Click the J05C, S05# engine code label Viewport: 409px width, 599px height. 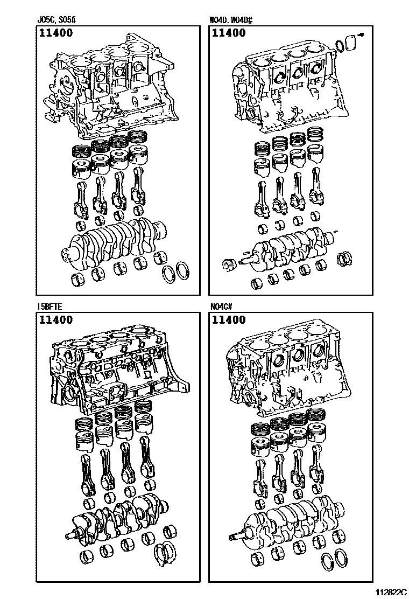[59, 20]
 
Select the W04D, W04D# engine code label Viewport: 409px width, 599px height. [230, 20]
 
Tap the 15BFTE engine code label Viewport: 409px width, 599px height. [50, 307]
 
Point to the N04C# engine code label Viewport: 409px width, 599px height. [221, 307]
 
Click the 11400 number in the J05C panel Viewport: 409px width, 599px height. [56, 32]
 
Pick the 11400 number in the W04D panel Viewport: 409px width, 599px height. [229, 32]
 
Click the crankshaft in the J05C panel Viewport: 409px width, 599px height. [115, 242]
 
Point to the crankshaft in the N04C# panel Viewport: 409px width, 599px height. [288, 519]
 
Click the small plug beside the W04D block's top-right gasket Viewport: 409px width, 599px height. [360, 35]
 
